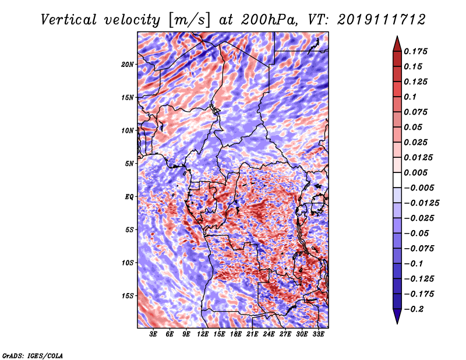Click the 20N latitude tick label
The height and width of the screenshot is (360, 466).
[x=128, y=65]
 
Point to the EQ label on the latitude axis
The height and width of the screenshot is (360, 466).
[x=129, y=197]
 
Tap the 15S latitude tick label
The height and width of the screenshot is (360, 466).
[x=128, y=296]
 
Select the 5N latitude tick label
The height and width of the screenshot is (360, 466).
[x=129, y=164]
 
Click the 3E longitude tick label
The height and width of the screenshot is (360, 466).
[x=153, y=334]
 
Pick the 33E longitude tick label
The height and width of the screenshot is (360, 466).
[x=318, y=334]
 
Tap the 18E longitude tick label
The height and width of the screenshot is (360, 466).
[x=236, y=334]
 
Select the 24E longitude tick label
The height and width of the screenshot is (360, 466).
[x=269, y=334]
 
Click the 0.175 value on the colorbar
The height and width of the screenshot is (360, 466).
[x=415, y=51]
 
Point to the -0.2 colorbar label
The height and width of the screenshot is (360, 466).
[x=414, y=309]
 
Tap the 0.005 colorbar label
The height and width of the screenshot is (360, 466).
[x=415, y=172]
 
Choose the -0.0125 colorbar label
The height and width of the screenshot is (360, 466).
[x=421, y=203]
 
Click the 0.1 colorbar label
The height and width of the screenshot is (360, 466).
[x=410, y=97]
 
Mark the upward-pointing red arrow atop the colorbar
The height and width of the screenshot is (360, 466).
[x=397, y=44]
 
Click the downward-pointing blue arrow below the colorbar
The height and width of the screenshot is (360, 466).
[x=397, y=316]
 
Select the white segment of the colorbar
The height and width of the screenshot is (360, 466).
[x=397, y=180]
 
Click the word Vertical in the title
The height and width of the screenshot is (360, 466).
[x=68, y=20]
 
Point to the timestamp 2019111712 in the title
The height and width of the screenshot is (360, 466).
[x=382, y=20]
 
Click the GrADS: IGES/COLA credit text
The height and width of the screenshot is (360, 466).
[x=33, y=356]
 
